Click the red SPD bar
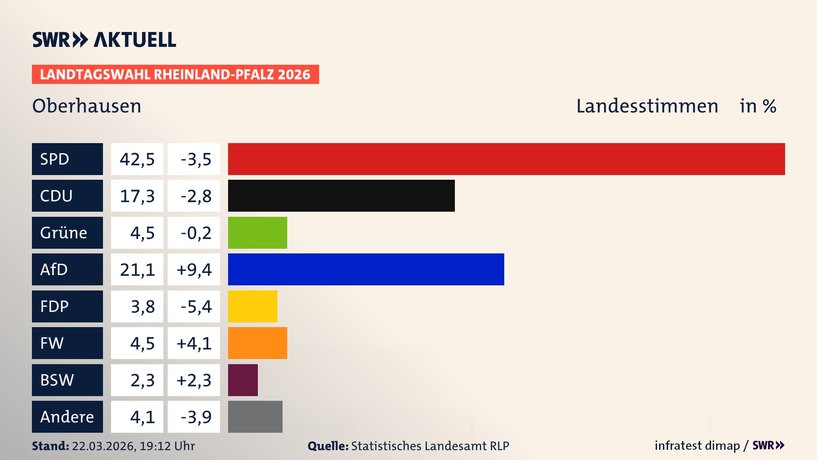tap(506, 159)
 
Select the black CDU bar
tap(341, 195)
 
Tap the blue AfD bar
tap(366, 269)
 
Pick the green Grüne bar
tap(257, 233)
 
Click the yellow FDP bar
tap(252, 306)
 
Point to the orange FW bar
tap(257, 343)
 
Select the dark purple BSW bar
tap(243, 380)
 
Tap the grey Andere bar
tap(255, 417)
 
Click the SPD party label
tap(67, 159)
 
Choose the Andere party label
tap(67, 417)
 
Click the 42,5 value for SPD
tap(137, 159)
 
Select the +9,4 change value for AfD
tap(194, 270)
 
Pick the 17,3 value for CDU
tap(137, 196)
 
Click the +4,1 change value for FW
tap(194, 343)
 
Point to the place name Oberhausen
tap(87, 106)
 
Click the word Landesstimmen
tap(647, 106)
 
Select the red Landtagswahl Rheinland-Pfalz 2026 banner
tap(175, 75)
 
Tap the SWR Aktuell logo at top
tap(104, 40)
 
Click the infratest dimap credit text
tap(697, 446)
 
